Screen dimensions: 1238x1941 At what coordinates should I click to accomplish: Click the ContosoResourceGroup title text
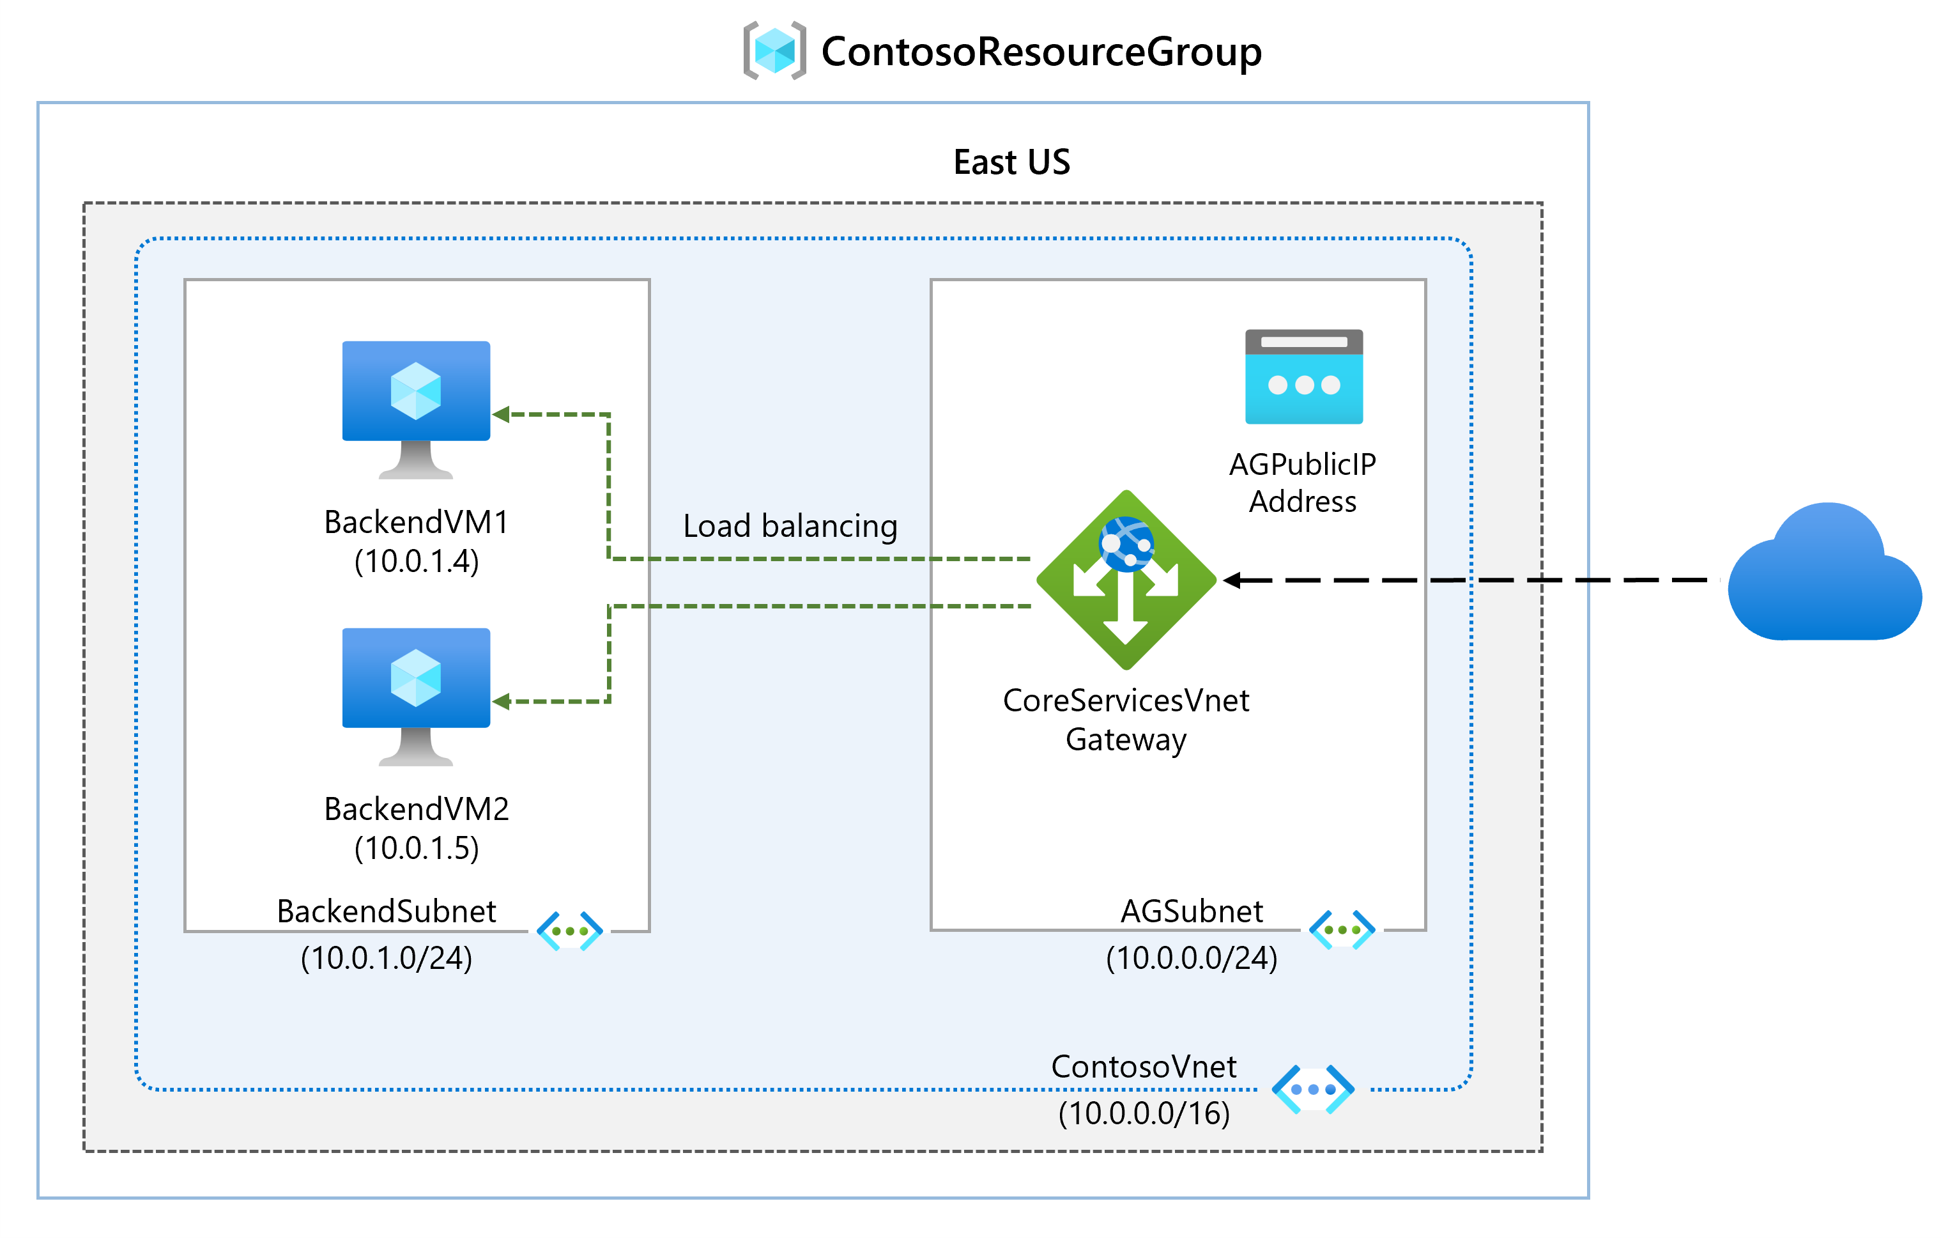tap(1041, 52)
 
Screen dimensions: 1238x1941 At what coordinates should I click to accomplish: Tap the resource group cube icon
tap(774, 50)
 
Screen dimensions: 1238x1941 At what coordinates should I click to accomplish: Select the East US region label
tap(1011, 162)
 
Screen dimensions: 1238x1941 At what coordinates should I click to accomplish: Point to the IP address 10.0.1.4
tap(417, 561)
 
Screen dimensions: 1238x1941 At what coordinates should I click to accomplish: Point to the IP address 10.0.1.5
tap(417, 849)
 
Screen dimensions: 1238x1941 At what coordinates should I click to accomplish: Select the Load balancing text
tap(790, 526)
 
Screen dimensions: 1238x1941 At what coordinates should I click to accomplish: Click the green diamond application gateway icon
tap(1126, 579)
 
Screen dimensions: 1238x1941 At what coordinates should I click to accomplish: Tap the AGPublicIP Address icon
tap(1303, 376)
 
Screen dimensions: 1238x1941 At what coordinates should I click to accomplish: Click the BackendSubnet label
tap(386, 911)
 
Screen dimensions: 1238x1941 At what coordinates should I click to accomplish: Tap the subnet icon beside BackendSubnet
tap(570, 931)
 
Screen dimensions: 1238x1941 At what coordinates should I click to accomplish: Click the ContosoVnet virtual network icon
tap(1313, 1089)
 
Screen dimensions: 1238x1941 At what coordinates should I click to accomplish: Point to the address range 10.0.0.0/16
tap(1144, 1114)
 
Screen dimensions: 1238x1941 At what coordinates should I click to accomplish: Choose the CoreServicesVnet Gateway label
tap(1126, 720)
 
